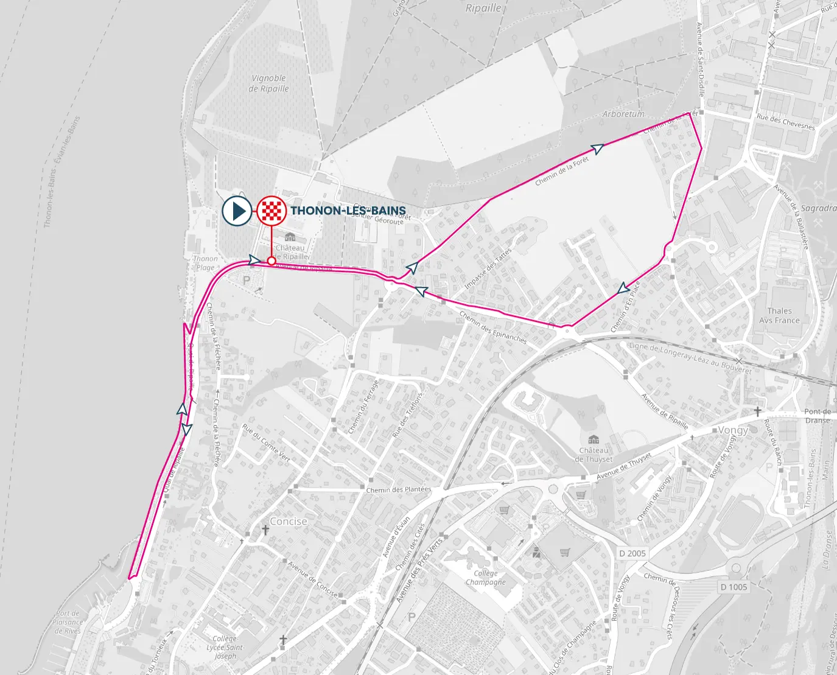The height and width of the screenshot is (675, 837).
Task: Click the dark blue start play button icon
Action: coord(237,211)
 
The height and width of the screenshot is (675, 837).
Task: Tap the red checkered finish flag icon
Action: coord(271,211)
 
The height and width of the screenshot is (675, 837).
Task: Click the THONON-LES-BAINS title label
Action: coord(348,211)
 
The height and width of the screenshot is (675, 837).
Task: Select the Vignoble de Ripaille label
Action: coord(269,83)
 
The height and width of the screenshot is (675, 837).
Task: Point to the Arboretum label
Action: coord(623,114)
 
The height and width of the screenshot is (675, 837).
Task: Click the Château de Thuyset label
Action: coord(594,454)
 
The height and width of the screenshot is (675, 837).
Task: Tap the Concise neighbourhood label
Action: coord(289,522)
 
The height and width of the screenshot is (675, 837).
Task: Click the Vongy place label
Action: coord(733,430)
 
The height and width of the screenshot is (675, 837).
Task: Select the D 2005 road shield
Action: coord(632,553)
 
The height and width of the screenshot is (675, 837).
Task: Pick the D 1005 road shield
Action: coord(734,587)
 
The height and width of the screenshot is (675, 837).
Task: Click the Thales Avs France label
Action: coord(779,315)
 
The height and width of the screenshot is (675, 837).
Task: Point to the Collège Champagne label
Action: coord(486,578)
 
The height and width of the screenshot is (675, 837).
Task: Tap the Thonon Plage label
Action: coord(205,263)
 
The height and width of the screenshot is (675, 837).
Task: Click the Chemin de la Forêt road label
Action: coord(562,171)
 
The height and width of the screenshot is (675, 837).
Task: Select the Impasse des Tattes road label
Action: coord(488,268)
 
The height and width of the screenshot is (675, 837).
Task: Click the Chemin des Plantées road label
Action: coord(398,489)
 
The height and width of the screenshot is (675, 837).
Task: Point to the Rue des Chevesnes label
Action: coord(785,121)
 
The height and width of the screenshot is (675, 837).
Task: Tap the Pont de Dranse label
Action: coord(818,416)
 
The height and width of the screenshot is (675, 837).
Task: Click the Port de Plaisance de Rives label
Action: coord(68,622)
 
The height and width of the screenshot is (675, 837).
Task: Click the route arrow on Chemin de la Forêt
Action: coord(598,149)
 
